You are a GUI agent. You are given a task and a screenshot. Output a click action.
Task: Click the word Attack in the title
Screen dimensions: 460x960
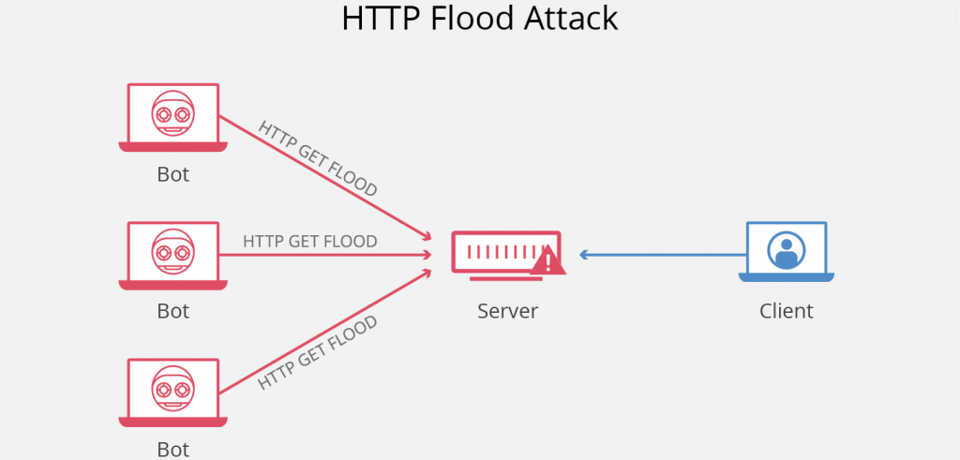573,19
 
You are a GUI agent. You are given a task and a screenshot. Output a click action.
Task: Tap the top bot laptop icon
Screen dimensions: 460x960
172,117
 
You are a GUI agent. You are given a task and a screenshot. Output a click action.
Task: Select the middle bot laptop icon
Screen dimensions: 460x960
172,254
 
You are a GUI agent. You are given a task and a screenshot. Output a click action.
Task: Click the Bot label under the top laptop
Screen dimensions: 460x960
172,174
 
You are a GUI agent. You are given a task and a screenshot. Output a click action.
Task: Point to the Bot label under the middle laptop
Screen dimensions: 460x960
172,311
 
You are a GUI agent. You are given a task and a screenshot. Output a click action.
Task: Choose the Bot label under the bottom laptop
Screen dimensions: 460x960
172,449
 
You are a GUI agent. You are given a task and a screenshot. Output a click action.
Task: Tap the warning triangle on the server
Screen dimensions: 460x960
547,261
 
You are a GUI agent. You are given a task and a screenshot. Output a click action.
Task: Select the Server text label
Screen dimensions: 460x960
508,311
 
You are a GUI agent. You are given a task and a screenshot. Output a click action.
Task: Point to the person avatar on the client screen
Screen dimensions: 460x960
786,249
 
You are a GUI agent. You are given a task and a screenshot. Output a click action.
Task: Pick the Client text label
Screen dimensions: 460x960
786,311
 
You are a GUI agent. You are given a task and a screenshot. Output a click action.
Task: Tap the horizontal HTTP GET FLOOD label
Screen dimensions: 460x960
309,242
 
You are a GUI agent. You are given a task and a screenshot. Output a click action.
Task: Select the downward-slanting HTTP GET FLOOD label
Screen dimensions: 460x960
317,158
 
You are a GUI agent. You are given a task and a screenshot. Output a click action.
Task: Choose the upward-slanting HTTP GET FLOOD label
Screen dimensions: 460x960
317,352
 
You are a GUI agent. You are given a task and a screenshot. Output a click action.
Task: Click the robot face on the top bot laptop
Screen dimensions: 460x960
172,113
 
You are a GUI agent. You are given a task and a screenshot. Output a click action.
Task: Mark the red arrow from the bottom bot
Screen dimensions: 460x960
328,328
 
